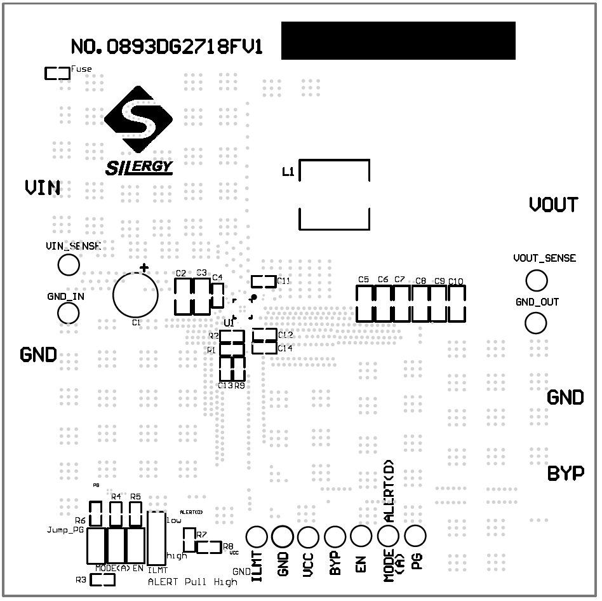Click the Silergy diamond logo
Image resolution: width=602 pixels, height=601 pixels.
(x=138, y=121)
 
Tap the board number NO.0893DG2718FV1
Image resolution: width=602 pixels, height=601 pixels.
(x=166, y=47)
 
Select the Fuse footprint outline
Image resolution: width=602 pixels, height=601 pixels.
(x=57, y=74)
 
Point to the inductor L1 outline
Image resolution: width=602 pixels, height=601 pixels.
(x=334, y=194)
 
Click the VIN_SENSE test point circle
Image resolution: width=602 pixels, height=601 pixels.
(x=68, y=265)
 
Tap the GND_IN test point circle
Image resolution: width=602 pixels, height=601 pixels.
(x=68, y=313)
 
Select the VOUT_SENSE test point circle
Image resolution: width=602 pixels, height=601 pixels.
(x=536, y=280)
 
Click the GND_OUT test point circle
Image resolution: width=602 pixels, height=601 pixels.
(x=536, y=323)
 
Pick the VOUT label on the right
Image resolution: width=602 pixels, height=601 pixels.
(x=554, y=205)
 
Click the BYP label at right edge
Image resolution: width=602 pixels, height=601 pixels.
(x=566, y=474)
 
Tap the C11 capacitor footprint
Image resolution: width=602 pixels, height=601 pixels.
(x=264, y=281)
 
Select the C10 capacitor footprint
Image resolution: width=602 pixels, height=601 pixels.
(x=457, y=303)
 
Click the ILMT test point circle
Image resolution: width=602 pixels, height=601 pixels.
(x=257, y=537)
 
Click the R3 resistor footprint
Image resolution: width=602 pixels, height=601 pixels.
(x=102, y=579)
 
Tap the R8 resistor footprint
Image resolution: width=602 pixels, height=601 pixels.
(x=208, y=546)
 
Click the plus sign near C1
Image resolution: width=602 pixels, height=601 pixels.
(x=144, y=268)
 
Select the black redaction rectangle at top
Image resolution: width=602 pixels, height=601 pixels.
(x=398, y=41)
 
